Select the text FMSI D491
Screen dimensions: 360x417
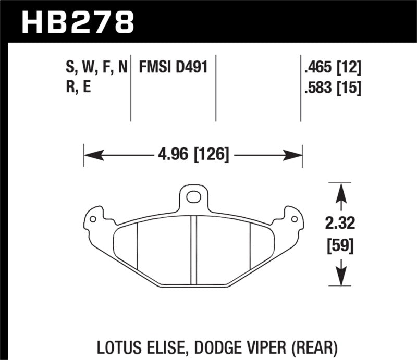click(173, 67)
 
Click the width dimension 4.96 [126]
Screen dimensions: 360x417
click(193, 155)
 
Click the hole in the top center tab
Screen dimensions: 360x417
click(193, 197)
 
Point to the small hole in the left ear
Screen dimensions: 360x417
click(93, 219)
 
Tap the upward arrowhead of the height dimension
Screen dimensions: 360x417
click(341, 188)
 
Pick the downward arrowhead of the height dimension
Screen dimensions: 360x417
click(341, 282)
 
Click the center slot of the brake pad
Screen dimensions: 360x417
click(193, 250)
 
